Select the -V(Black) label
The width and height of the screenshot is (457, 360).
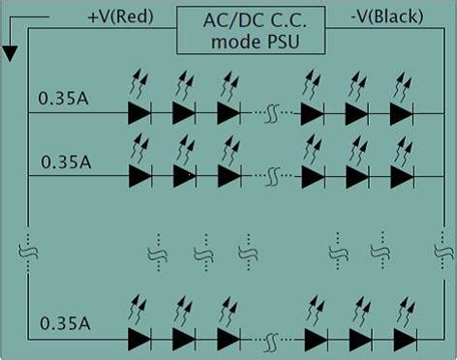(373, 17)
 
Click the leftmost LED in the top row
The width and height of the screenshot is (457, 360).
(139, 113)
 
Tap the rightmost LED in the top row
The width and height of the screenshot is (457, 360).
(401, 113)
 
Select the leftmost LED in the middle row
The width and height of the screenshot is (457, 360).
(139, 175)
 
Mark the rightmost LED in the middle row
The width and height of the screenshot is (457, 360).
(401, 175)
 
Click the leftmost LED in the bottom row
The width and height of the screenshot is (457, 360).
(139, 339)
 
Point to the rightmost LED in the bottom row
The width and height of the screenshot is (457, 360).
(401, 339)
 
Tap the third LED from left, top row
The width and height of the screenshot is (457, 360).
(228, 113)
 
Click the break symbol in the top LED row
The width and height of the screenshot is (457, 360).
(273, 113)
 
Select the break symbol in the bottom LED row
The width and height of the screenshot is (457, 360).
(273, 339)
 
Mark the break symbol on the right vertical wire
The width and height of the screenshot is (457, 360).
(438, 251)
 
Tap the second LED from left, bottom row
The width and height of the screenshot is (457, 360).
(184, 339)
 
